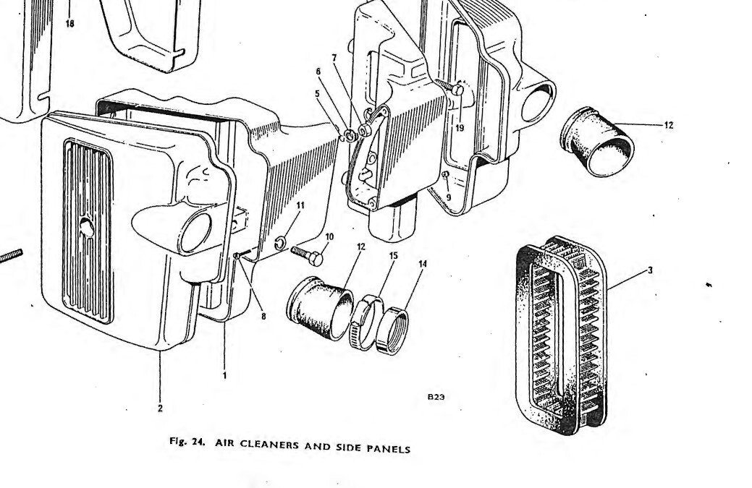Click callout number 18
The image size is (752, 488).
tap(70, 23)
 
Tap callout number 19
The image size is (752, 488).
tap(460, 128)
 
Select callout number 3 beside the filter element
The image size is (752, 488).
tap(651, 270)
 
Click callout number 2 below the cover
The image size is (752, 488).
tap(160, 408)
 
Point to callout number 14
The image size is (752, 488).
tap(423, 263)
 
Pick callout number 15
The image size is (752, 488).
tap(393, 256)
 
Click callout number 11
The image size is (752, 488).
tap(300, 205)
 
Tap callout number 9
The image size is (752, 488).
tap(449, 197)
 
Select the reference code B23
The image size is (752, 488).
tap(436, 396)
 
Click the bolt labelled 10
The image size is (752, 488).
tap(307, 255)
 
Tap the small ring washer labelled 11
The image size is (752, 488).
tap(281, 244)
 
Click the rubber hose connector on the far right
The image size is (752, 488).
tap(597, 142)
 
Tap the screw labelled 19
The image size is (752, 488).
tap(452, 87)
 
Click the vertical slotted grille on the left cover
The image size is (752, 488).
tap(88, 231)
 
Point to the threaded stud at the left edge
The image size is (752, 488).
tap(11, 256)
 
